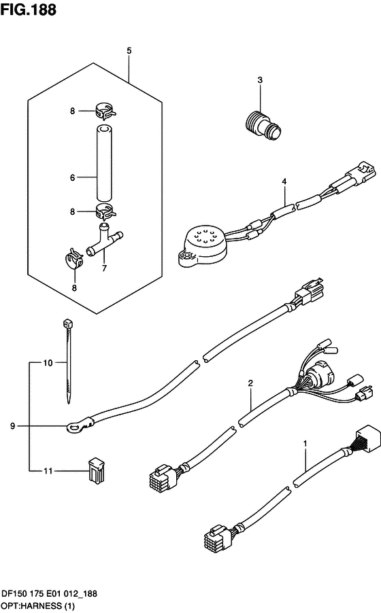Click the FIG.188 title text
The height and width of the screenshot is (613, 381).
(28, 9)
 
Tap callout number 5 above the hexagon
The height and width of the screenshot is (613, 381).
(129, 51)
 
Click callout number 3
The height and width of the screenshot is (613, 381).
(260, 80)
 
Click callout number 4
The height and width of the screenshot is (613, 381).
(284, 181)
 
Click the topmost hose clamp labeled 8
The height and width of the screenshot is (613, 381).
(105, 110)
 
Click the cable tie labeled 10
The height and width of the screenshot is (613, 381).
(68, 362)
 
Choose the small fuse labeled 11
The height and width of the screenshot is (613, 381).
(97, 470)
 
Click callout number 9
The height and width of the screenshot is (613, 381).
(12, 425)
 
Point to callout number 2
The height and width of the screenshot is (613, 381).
(250, 383)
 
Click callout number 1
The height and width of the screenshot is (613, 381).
(305, 444)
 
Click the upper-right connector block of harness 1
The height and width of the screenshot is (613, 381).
(367, 438)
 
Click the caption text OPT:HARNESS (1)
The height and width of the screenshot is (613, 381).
(38, 606)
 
